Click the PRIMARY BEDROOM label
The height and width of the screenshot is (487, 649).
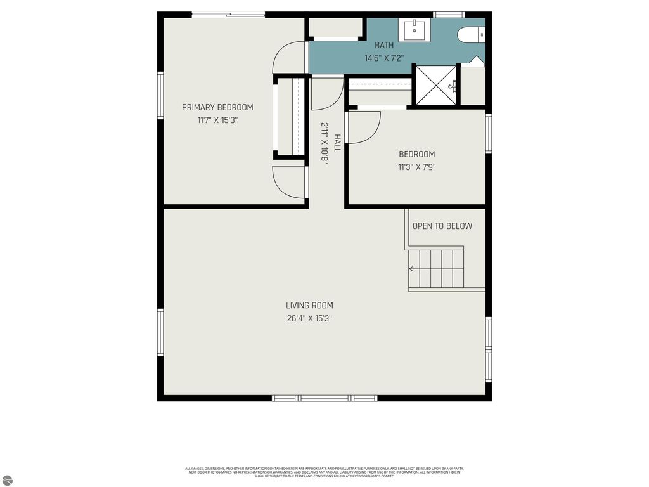click(x=217, y=107)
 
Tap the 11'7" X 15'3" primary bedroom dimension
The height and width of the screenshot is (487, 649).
click(x=217, y=119)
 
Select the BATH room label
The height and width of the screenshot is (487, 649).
click(x=384, y=45)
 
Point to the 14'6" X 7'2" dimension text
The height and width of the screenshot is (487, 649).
click(x=384, y=58)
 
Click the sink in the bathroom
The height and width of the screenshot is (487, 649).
click(x=414, y=29)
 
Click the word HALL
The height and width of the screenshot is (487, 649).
click(x=337, y=143)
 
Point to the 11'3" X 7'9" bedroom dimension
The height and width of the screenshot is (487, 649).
click(x=416, y=167)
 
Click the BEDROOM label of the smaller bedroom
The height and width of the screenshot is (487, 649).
click(x=416, y=154)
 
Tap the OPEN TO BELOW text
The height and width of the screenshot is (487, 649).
click(x=442, y=226)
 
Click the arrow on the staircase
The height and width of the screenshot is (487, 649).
click(x=411, y=269)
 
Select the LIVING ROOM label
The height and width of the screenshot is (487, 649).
click(x=309, y=305)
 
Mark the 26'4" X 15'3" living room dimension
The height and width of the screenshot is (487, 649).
click(x=309, y=318)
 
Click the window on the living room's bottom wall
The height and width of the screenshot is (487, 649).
click(x=324, y=398)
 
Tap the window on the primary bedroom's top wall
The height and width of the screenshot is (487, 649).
click(x=228, y=15)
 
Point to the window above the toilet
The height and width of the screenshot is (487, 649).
click(x=449, y=15)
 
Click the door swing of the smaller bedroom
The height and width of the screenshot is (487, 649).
click(x=364, y=127)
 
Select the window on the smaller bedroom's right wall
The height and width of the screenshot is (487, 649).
click(x=489, y=133)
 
